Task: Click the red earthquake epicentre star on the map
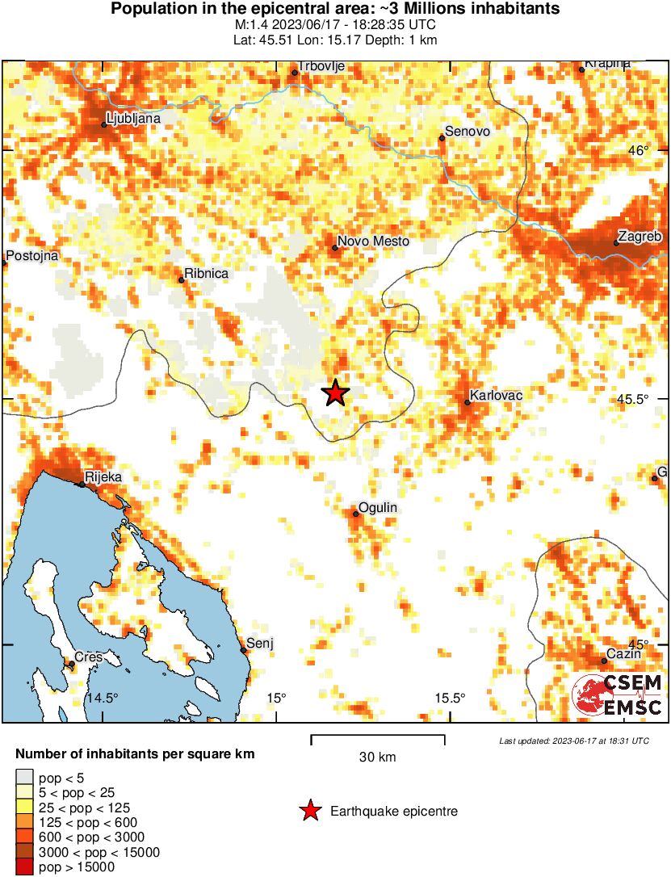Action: pyautogui.click(x=336, y=393)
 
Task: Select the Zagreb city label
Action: pyautogui.click(x=642, y=237)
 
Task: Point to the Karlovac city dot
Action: pyautogui.click(x=468, y=402)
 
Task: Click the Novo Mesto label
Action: pyautogui.click(x=373, y=241)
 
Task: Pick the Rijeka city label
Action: pyautogui.click(x=103, y=477)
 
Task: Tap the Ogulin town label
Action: pyautogui.click(x=379, y=507)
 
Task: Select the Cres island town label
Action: pyautogui.click(x=89, y=657)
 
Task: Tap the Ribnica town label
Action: pyautogui.click(x=207, y=274)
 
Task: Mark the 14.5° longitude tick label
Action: pyautogui.click(x=103, y=698)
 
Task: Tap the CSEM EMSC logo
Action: pyautogui.click(x=619, y=695)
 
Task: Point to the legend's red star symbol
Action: pyautogui.click(x=310, y=811)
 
